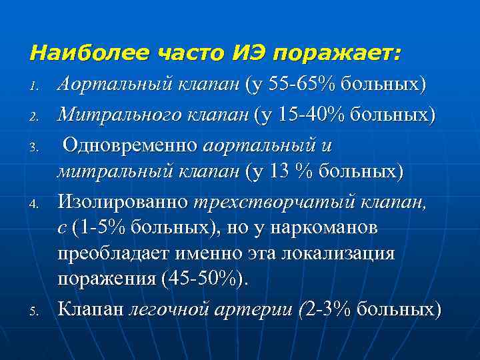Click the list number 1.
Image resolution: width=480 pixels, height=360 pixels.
(x=37, y=86)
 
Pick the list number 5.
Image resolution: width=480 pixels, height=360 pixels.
(x=37, y=311)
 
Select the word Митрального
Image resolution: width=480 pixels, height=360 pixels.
(x=118, y=115)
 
